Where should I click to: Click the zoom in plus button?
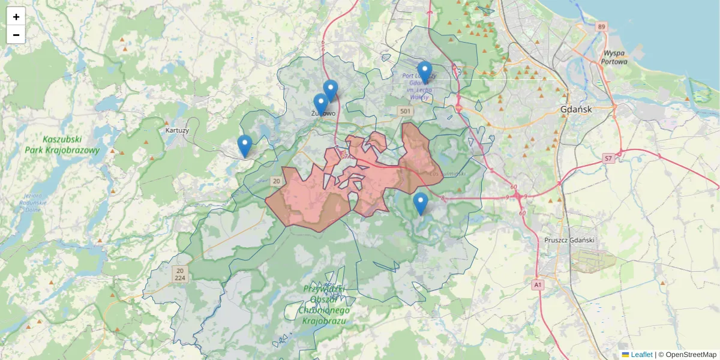point(16,17)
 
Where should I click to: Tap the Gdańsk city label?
point(575,110)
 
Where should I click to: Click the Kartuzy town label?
point(177,130)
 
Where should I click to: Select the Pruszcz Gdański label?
point(569,240)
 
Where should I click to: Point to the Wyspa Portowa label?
point(616,57)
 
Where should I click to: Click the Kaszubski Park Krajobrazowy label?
point(62,145)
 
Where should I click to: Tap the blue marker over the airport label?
point(425,71)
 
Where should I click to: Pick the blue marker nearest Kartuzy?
point(244,145)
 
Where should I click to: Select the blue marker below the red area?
point(421,203)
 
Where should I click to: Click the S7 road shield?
point(608,158)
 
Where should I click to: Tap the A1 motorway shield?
point(538,284)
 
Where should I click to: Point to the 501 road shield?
point(406,112)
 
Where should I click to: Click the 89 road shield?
point(602,27)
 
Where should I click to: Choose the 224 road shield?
point(180,278)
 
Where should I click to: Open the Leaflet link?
point(641,355)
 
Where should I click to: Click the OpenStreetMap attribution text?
point(687,355)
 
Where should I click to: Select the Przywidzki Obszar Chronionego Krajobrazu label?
point(325,305)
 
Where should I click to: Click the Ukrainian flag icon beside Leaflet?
point(625,355)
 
